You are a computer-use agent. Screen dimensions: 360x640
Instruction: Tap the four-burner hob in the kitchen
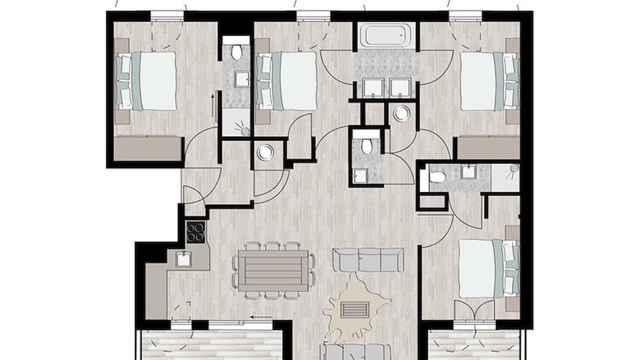195,232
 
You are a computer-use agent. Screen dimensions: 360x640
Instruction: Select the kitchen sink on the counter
183,259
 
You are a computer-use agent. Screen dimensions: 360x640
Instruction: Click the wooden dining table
273,271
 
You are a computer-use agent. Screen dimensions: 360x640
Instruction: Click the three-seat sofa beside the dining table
368,260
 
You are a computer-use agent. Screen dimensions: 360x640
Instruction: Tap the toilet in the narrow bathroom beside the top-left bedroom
236,51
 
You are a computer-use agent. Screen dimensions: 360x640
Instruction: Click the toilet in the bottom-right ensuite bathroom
437,177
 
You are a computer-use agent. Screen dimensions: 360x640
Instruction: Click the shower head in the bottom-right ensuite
513,169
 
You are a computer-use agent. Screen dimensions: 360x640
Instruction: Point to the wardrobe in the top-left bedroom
147,149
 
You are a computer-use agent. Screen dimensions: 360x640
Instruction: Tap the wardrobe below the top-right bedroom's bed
489,148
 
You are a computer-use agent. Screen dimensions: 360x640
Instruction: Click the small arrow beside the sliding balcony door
262,317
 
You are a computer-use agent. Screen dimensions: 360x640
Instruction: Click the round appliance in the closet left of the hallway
265,153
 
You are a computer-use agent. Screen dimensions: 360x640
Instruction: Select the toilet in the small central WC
365,146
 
